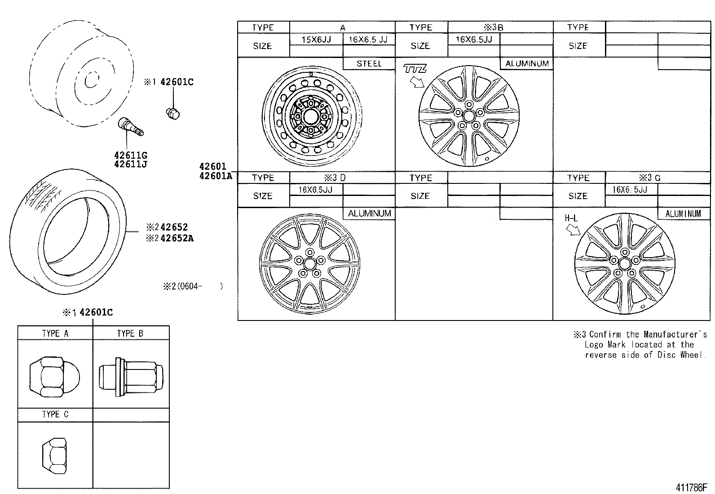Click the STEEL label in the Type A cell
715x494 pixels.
coord(369,64)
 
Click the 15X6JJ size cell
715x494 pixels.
coord(316,40)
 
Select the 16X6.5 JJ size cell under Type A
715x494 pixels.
coord(368,40)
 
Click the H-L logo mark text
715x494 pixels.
coord(571,218)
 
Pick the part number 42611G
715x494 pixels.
coord(131,156)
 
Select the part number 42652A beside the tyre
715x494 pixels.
coord(177,238)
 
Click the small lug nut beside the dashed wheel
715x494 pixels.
coord(172,113)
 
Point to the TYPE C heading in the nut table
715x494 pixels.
coord(55,414)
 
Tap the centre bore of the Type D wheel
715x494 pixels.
coord(309,263)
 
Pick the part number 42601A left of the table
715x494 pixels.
coord(215,176)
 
